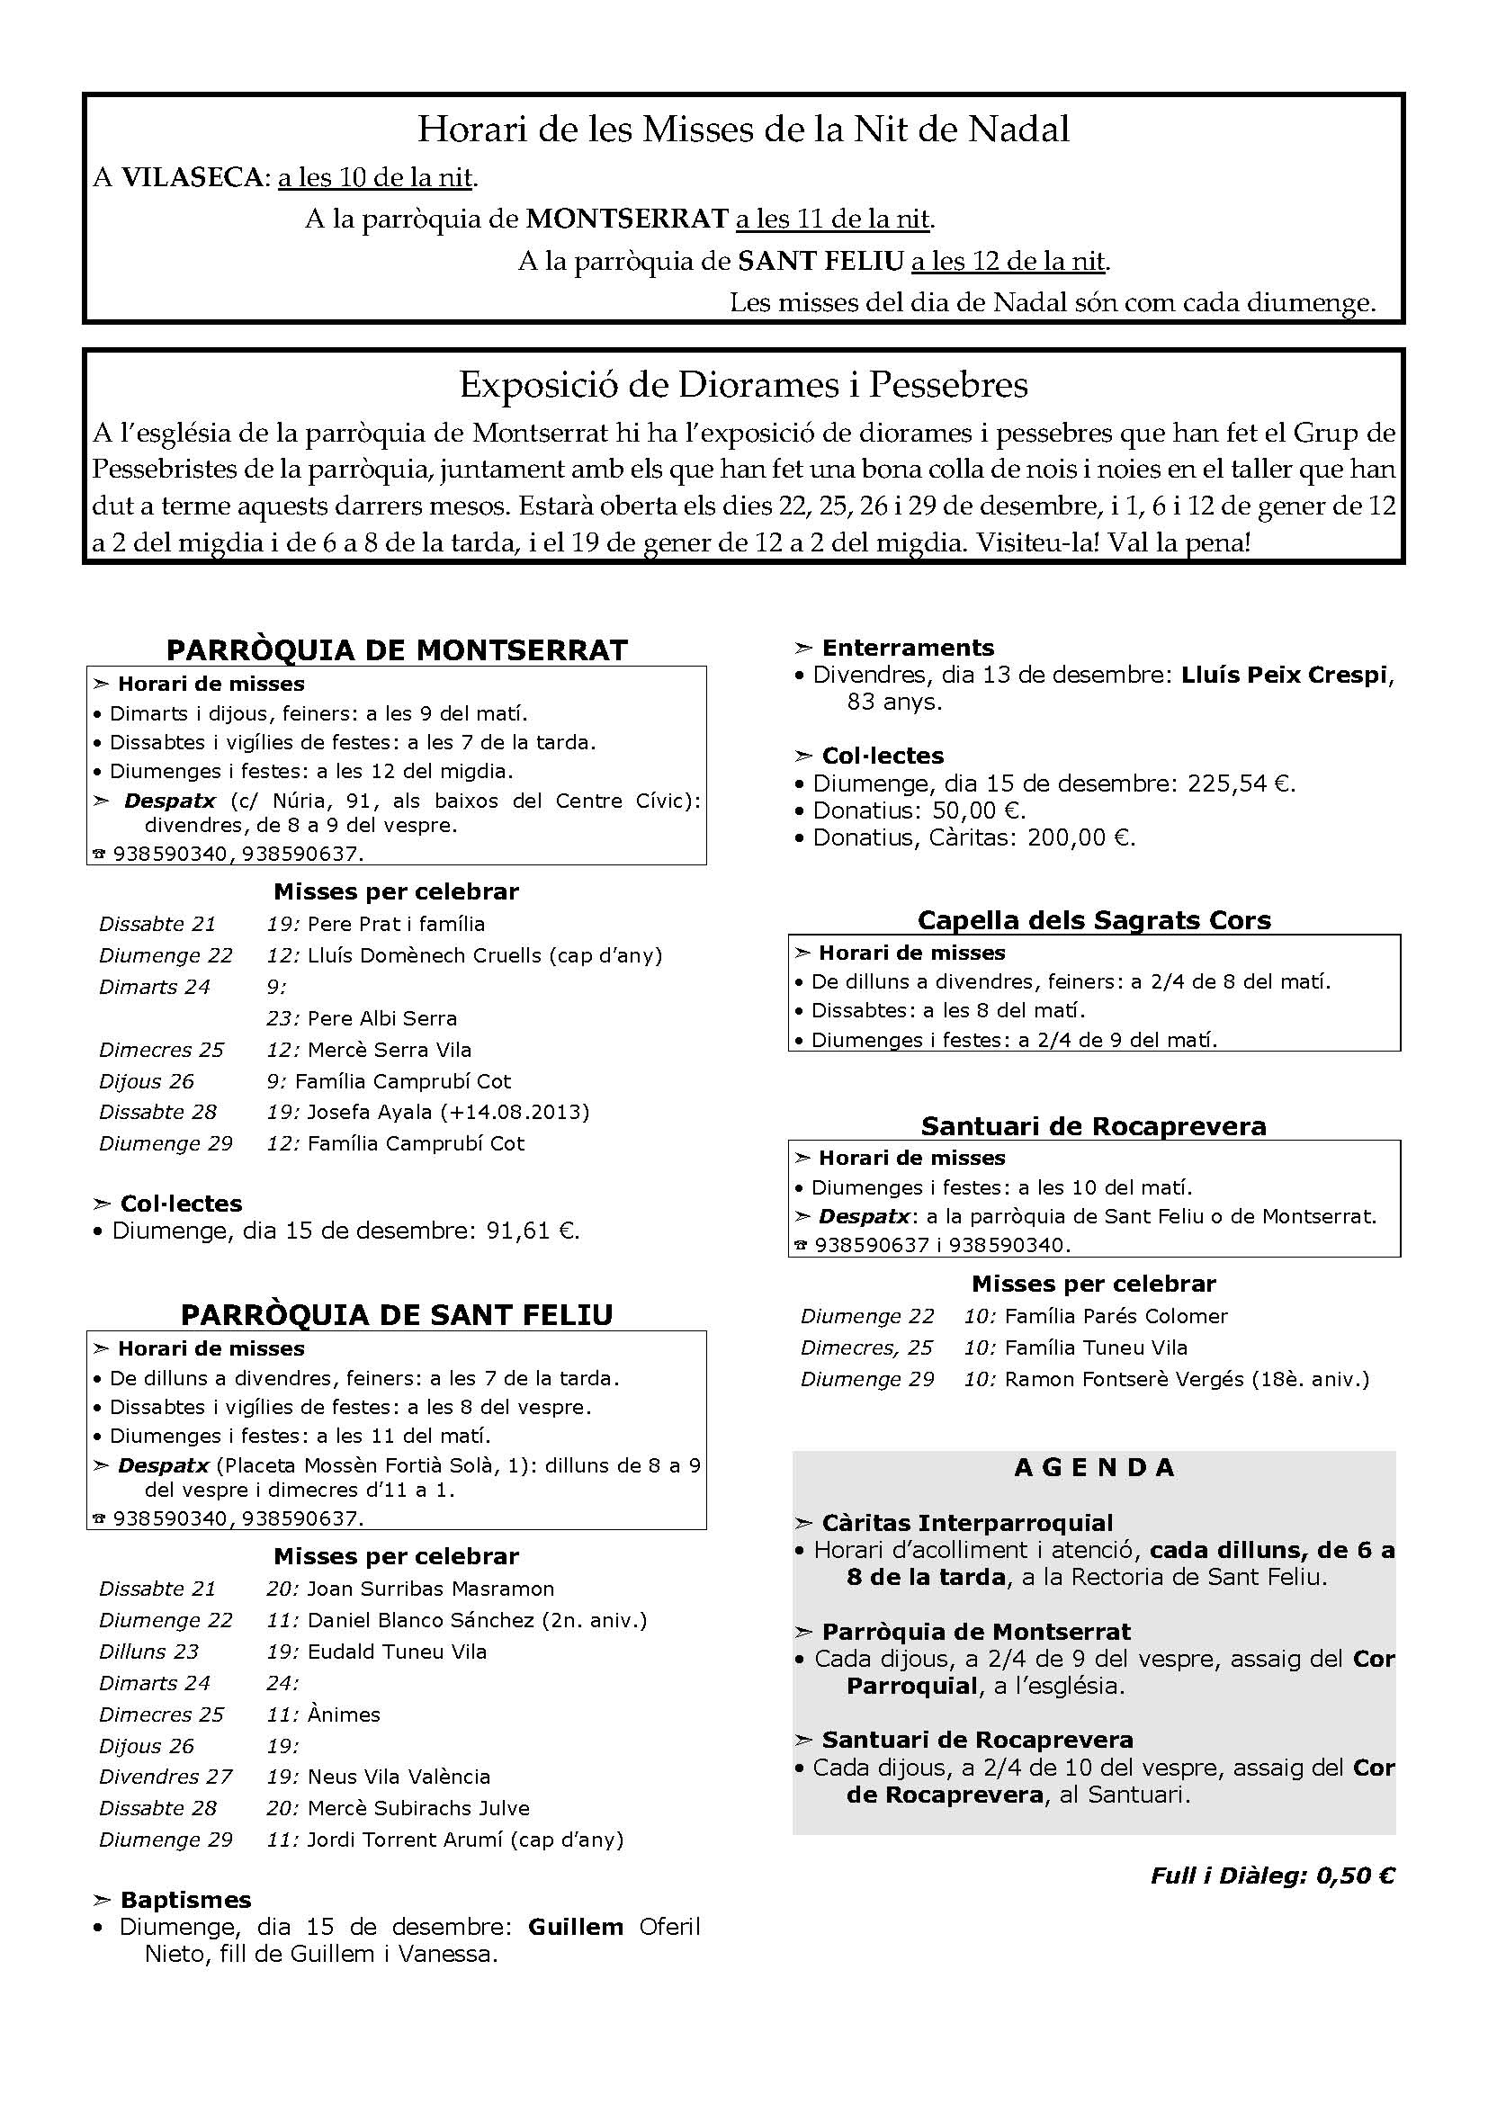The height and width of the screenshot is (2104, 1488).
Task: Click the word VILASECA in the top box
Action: [x=192, y=177]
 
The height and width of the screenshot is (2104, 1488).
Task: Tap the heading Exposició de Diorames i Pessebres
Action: [x=743, y=385]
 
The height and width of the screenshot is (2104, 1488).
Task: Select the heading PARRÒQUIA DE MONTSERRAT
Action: [x=397, y=649]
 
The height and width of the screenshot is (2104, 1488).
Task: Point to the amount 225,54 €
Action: [x=1241, y=783]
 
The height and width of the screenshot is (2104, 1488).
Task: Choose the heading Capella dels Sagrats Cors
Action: [x=1094, y=920]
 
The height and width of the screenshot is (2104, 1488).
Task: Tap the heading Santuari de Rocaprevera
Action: [x=1094, y=1125]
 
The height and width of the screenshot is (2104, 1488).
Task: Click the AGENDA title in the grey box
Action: [x=1094, y=1467]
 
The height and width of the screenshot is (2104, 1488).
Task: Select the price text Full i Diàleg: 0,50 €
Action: [x=1273, y=1876]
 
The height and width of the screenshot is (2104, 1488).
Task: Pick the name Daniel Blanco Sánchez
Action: [x=420, y=1620]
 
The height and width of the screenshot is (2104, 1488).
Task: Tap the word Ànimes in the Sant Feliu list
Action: [x=344, y=1714]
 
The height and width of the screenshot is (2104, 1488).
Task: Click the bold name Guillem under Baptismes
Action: [x=576, y=1926]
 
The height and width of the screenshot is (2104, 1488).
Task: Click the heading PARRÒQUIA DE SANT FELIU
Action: [x=397, y=1315]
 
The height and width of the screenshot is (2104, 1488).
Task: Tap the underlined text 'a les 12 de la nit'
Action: [x=1008, y=261]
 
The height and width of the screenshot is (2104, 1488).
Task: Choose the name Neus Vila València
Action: [x=399, y=1776]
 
